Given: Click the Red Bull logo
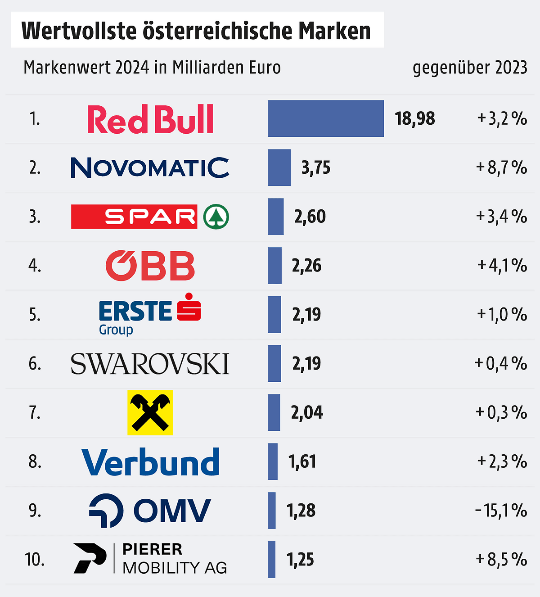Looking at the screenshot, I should pyautogui.click(x=150, y=119).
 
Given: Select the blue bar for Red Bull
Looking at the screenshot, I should pyautogui.click(x=325, y=118).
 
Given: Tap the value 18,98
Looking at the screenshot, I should pyautogui.click(x=415, y=118).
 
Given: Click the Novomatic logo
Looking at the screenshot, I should pyautogui.click(x=150, y=167).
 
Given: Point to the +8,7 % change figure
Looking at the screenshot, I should pyautogui.click(x=501, y=167).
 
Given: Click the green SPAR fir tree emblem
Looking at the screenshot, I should pyautogui.click(x=216, y=217).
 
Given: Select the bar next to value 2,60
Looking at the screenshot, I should pyautogui.click(x=275, y=217).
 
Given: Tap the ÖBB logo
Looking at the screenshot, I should pyautogui.click(x=150, y=266).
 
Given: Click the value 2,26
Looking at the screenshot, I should pyautogui.click(x=306, y=266).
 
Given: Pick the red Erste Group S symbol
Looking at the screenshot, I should pyautogui.click(x=189, y=308).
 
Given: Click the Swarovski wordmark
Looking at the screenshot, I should pyautogui.click(x=150, y=364).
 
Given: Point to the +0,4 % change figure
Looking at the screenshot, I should pyautogui.click(x=500, y=363).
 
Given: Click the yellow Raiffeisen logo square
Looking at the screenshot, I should pyautogui.click(x=150, y=412).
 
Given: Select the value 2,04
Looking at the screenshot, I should pyautogui.click(x=307, y=412).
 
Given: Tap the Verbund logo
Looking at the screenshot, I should pyautogui.click(x=150, y=462).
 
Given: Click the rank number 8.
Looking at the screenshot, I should pyautogui.click(x=35, y=461).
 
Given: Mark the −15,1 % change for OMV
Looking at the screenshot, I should pyautogui.click(x=500, y=511).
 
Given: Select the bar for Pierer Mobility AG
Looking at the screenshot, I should pyautogui.click(x=271, y=560).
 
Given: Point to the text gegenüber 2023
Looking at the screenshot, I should pyautogui.click(x=470, y=68).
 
